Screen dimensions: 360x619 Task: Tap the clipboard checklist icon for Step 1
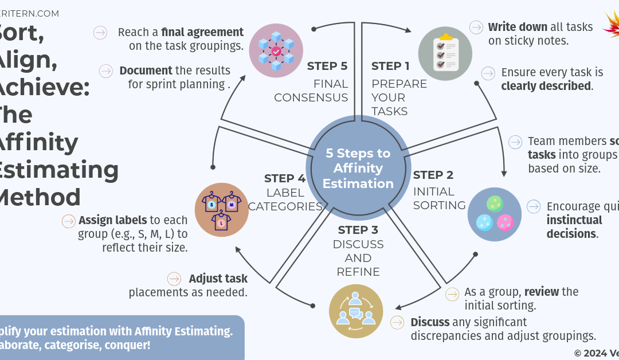445,53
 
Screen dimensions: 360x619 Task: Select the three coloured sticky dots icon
494,214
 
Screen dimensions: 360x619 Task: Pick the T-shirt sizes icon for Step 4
222,210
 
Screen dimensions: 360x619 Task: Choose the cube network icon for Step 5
276,51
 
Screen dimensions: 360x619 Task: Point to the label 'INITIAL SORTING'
439,198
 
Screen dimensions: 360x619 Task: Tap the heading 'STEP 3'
358,230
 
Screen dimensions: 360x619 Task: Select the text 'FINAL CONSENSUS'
311,91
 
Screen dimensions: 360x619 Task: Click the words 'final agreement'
202,32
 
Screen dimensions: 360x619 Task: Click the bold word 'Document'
146,71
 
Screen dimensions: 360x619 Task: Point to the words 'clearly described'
546,87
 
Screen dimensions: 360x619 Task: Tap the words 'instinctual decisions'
574,227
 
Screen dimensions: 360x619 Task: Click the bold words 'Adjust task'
218,279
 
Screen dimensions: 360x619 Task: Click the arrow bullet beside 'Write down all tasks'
476,27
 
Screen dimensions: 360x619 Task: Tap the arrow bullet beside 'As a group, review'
452,294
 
